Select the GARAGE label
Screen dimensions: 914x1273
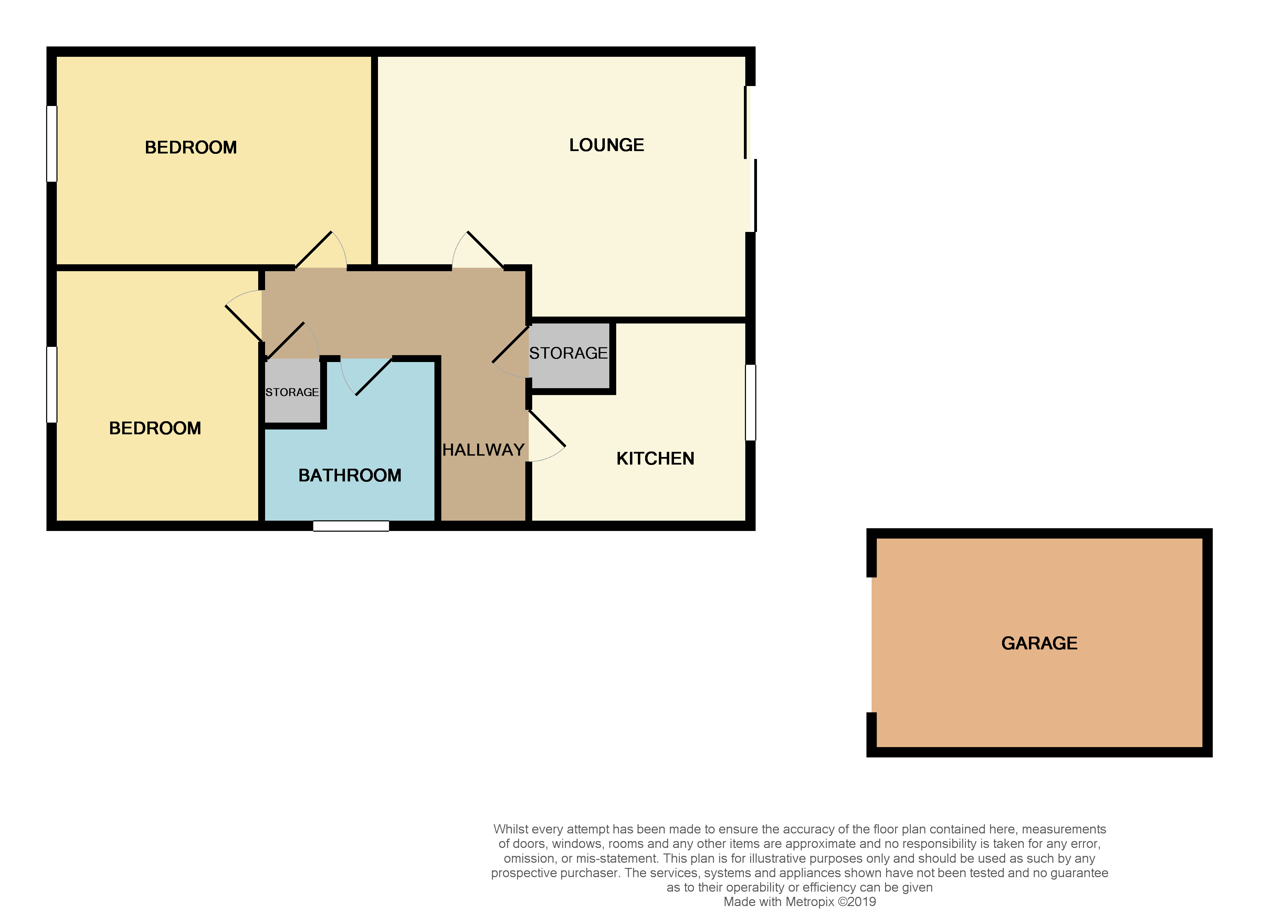1039,643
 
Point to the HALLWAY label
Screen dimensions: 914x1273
483,450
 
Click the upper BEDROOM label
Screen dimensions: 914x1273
191,148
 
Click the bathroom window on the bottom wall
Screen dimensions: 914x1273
351,526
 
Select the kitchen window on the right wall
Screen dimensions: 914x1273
750,402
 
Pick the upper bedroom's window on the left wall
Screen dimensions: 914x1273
52,144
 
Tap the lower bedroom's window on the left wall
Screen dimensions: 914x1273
52,384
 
